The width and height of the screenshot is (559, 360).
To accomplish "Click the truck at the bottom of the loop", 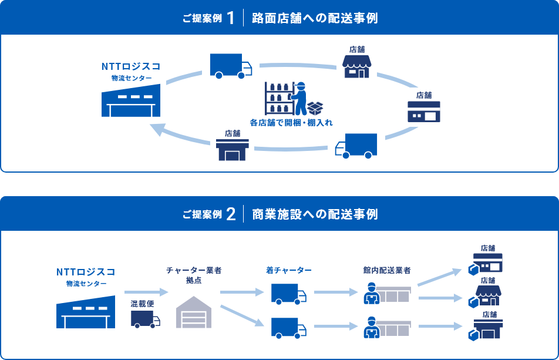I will [x=356, y=146].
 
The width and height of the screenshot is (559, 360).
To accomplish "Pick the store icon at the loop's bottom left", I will [x=233, y=149].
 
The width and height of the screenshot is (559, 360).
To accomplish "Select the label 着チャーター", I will [x=288, y=270].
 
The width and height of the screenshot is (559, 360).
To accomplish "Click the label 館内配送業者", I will [x=386, y=270].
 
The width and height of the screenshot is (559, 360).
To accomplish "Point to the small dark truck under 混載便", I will [x=145, y=319].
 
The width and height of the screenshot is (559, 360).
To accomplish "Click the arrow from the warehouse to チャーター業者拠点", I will [x=146, y=291].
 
